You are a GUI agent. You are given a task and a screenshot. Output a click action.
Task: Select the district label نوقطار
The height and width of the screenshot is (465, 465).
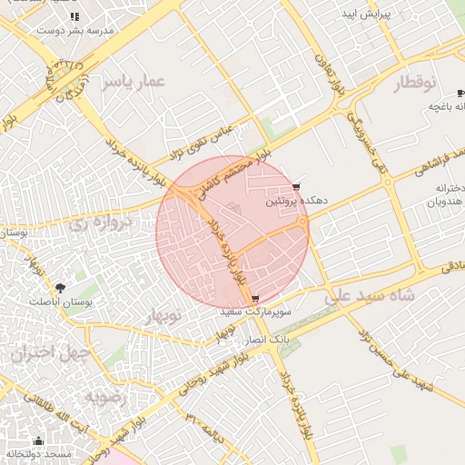point(416,84)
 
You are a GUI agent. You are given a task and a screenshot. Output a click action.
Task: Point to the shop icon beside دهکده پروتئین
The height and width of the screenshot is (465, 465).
point(296,189)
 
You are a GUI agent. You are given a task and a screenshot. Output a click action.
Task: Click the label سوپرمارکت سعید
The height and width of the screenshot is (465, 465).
point(254,311)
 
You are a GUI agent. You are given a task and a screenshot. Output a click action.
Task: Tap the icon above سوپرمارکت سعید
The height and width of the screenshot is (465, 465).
point(254,298)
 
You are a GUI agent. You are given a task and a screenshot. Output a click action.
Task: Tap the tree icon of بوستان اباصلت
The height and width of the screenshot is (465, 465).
point(61,287)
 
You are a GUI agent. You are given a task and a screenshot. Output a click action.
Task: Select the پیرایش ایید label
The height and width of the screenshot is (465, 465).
point(367,16)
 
